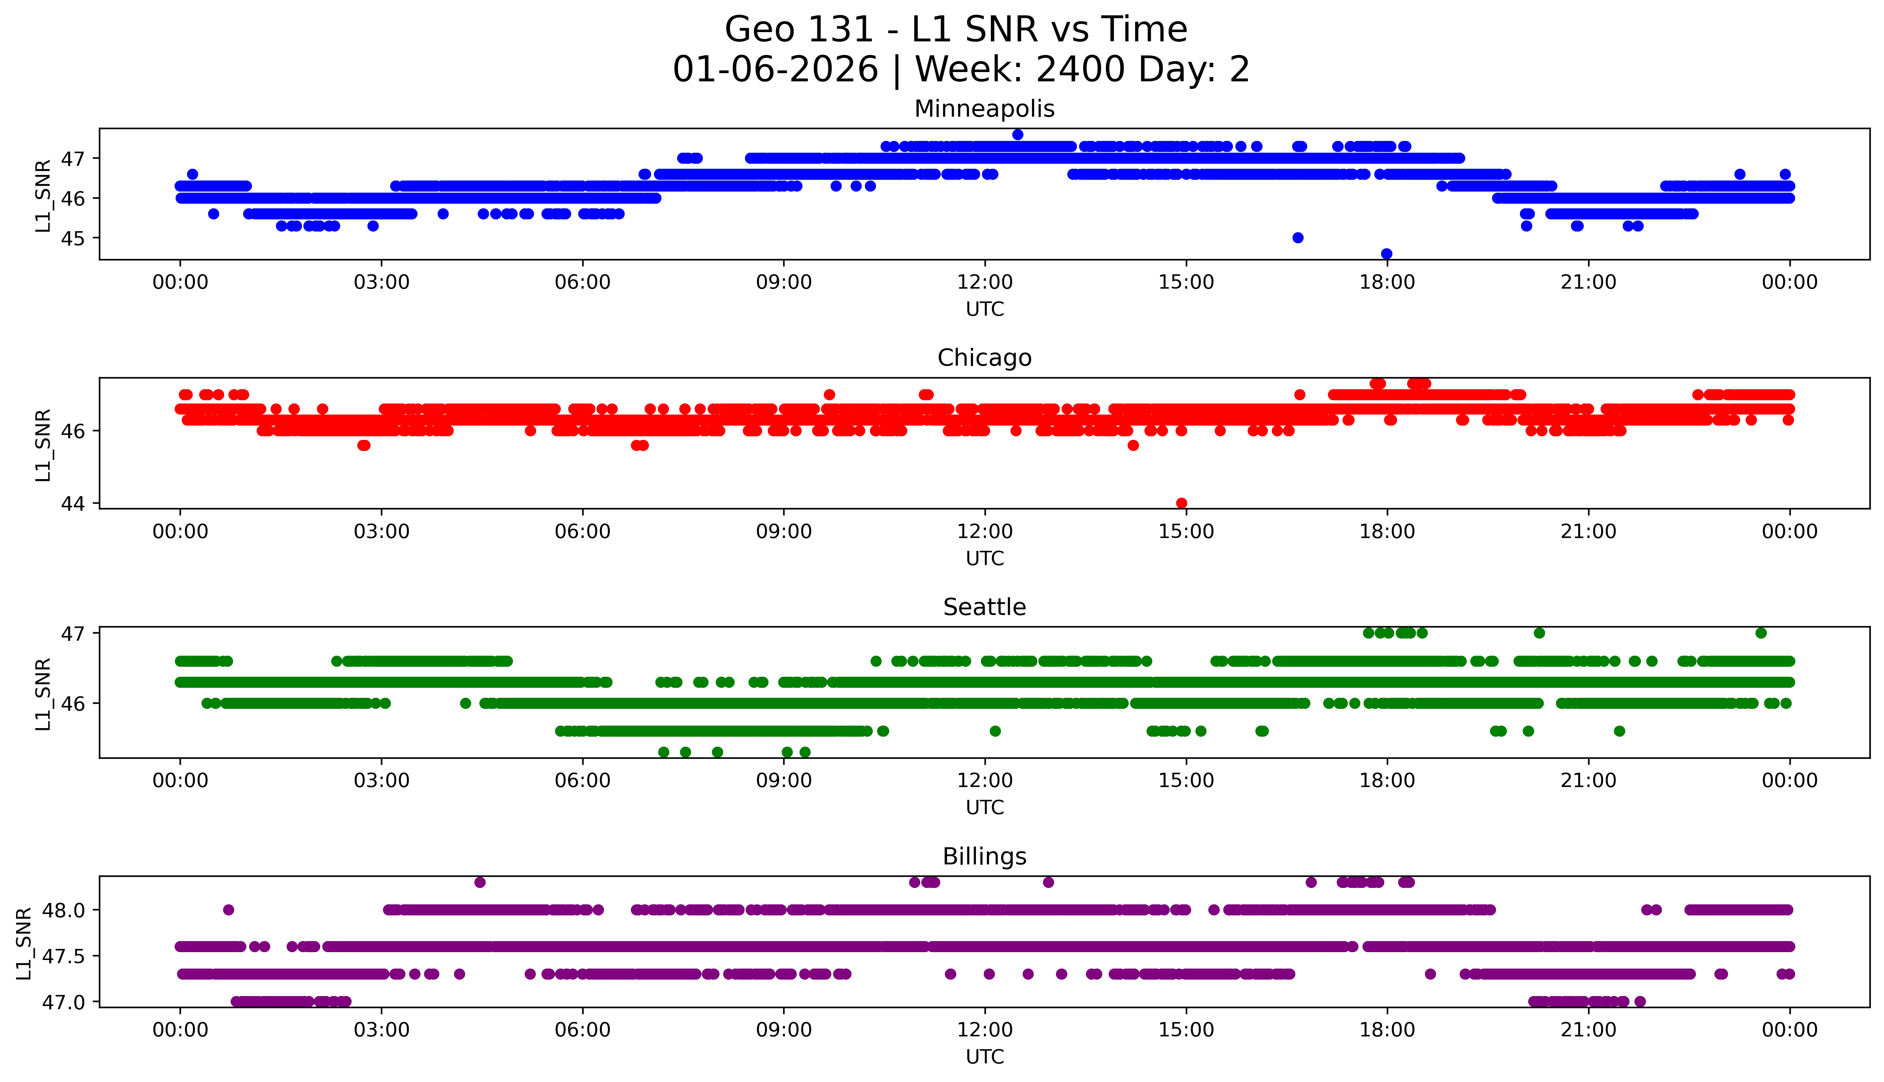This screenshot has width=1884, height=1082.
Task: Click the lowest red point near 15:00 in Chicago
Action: click(1182, 503)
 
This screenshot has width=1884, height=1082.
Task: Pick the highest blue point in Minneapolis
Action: click(1018, 134)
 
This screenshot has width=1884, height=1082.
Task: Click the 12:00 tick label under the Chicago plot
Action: click(984, 532)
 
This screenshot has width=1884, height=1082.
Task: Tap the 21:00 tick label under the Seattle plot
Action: click(1588, 781)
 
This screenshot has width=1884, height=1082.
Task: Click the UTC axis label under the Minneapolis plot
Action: click(984, 309)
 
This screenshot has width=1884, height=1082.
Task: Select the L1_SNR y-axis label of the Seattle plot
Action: click(43, 694)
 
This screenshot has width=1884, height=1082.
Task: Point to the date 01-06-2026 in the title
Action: click(775, 70)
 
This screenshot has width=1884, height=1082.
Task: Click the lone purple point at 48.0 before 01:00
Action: click(228, 910)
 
